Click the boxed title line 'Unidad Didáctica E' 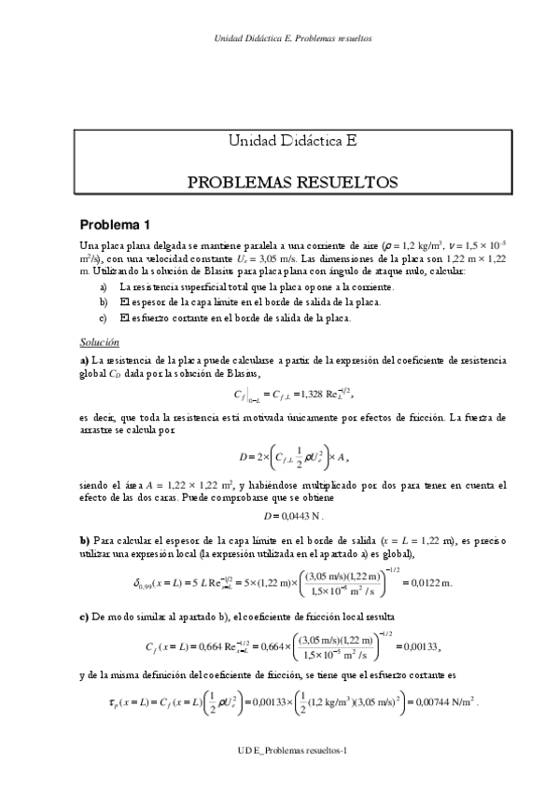(292, 143)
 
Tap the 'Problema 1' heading (115, 225)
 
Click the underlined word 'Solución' (99, 342)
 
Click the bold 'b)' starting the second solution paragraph (84, 538)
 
